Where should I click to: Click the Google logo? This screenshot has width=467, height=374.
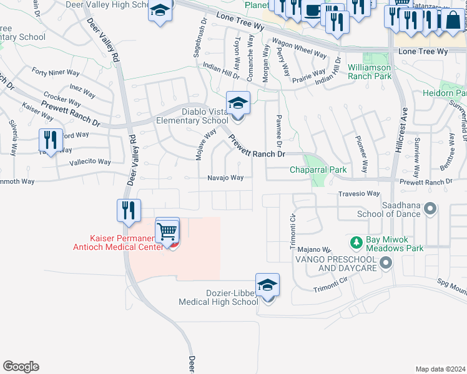pyautogui.click(x=21, y=367)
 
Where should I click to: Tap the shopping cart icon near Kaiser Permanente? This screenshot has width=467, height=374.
pyautogui.click(x=167, y=231)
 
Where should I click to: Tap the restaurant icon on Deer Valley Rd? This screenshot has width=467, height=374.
pyautogui.click(x=129, y=211)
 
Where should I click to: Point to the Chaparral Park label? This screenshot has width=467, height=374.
pyautogui.click(x=318, y=170)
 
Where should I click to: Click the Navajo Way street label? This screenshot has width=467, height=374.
pyautogui.click(x=225, y=178)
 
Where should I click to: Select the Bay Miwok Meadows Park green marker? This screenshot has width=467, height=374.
pyautogui.click(x=356, y=241)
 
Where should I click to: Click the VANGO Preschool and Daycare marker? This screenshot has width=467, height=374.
pyautogui.click(x=386, y=263)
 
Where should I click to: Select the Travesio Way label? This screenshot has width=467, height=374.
pyautogui.click(x=359, y=194)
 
